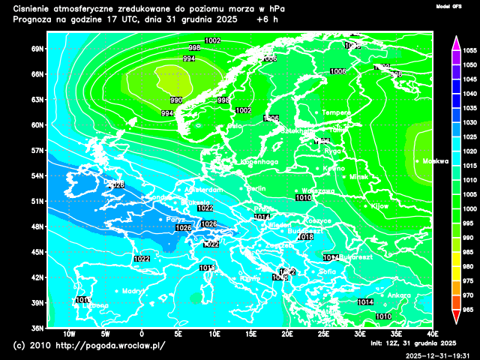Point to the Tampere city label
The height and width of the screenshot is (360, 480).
[336, 112]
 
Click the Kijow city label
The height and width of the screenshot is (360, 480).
[380, 205]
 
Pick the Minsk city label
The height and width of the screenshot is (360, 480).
[359, 177]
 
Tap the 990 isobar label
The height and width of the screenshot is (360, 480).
[176, 100]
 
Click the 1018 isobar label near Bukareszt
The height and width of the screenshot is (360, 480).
[305, 237]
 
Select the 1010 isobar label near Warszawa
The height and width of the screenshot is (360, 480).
[303, 198]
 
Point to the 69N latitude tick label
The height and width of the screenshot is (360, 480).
[38, 49]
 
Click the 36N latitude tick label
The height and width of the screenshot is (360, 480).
[38, 328]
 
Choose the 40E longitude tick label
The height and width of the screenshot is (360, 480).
[433, 334]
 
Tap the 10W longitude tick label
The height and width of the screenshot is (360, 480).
[69, 334]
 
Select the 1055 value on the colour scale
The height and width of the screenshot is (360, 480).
[470, 51]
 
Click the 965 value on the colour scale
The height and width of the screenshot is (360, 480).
[470, 309]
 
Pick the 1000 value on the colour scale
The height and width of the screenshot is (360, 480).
[470, 208]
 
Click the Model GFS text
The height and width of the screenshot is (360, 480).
[449, 6]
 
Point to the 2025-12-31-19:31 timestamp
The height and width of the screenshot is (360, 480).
[437, 355]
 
